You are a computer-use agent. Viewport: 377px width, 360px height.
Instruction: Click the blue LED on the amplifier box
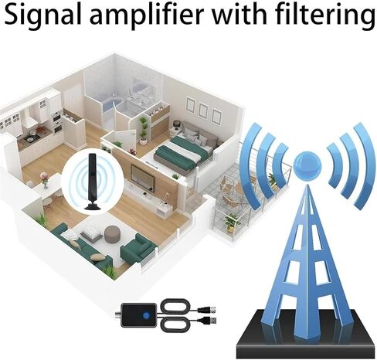(146, 314)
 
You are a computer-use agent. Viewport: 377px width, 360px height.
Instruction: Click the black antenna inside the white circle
(92, 182)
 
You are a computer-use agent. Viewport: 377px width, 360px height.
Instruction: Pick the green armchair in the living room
(139, 248)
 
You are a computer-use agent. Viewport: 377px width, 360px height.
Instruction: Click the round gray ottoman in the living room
(112, 233)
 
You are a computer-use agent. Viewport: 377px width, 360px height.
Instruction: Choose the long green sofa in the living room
(81, 250)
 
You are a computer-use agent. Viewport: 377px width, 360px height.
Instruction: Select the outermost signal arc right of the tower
(365, 165)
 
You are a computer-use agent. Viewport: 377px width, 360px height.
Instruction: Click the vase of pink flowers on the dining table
(45, 181)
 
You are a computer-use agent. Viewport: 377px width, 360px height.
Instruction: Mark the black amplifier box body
(139, 315)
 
